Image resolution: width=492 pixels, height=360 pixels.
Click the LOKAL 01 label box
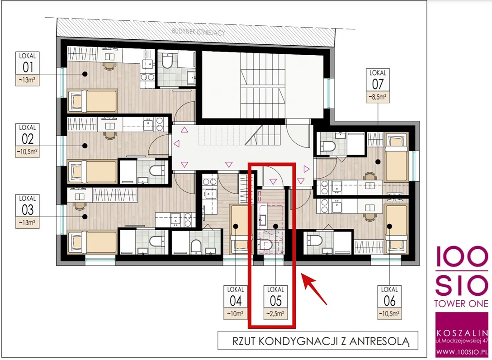[x=28, y=69]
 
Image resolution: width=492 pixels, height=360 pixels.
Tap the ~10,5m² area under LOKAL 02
[x=28, y=152]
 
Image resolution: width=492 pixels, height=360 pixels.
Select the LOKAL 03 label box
[x=28, y=211]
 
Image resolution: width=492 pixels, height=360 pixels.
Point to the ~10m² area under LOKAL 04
[x=236, y=314]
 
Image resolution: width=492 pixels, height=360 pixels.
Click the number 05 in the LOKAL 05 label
[x=275, y=301]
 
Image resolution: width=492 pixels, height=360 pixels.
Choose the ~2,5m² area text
[x=275, y=314]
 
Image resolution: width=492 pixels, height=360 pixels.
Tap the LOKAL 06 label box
[x=389, y=303]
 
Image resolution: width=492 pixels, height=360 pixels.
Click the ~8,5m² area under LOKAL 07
[x=378, y=97]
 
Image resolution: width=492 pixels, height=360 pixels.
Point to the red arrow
[x=314, y=289]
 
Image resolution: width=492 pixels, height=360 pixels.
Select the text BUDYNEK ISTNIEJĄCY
[x=199, y=32]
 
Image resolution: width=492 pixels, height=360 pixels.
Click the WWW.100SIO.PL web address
[x=462, y=352]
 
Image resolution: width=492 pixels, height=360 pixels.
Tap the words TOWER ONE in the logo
[x=461, y=303]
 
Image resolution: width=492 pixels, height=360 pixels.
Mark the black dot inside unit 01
[x=85, y=74]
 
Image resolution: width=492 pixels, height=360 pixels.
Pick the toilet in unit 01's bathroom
[x=167, y=61]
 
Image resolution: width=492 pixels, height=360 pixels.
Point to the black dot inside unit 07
[x=378, y=162]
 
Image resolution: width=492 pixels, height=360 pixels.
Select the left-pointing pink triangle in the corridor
[x=177, y=144]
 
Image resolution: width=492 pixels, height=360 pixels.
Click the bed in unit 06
[x=396, y=229]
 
